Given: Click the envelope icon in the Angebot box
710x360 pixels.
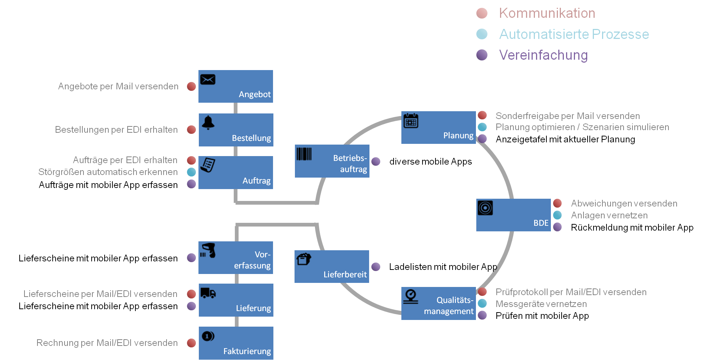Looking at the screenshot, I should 208,79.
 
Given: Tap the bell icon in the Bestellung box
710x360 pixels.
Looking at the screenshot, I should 208,122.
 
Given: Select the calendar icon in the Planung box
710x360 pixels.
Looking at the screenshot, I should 411,121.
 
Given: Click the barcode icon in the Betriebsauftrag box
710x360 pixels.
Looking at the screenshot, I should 304,154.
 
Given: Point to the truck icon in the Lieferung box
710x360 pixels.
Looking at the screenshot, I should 208,293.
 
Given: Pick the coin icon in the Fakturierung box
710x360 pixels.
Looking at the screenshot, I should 208,336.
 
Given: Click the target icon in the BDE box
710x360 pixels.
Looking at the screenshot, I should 485,208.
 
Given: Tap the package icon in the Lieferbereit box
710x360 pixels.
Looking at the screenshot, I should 304,259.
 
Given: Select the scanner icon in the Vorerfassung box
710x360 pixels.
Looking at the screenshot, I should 208,250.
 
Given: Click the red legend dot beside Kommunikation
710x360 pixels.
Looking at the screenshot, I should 482,13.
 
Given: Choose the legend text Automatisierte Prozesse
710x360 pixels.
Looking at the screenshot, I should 574,34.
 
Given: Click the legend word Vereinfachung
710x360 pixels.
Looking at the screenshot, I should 543,55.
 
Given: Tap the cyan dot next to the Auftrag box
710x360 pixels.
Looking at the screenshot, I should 191,172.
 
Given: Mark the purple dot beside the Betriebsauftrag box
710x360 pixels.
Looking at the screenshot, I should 376,161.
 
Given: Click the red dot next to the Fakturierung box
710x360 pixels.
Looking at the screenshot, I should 191,343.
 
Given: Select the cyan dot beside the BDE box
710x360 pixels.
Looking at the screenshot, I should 557,215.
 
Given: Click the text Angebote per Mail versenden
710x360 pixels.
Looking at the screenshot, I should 118,86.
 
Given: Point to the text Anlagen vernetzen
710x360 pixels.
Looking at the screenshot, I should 609,215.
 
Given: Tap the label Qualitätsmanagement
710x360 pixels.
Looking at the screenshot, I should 449,305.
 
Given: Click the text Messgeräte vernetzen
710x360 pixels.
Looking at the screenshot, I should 541,304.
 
